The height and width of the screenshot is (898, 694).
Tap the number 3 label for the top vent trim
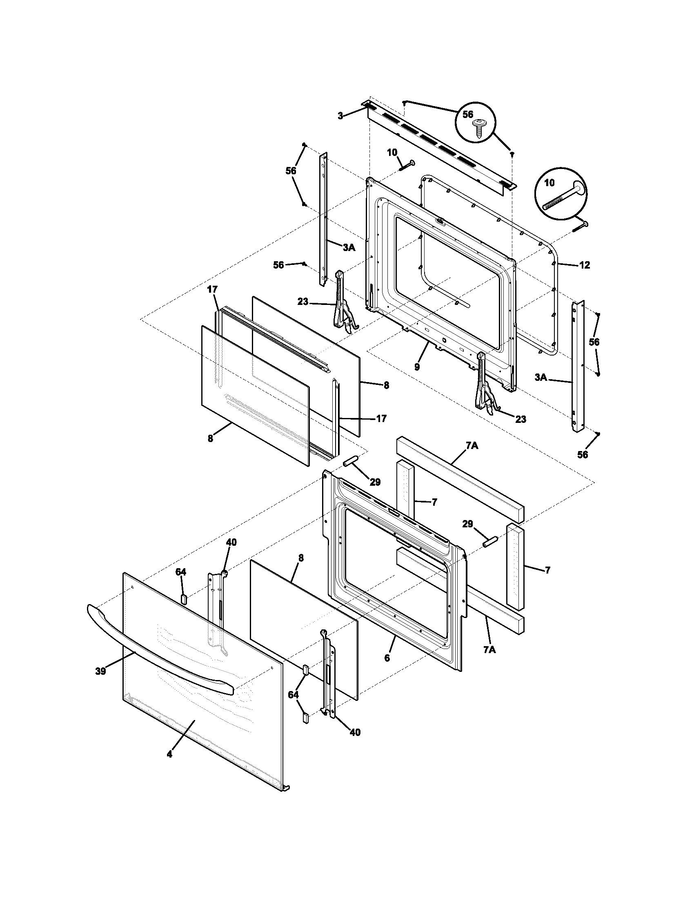coord(340,116)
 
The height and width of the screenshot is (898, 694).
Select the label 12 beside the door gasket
coord(584,265)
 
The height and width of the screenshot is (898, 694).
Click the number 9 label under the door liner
coord(417,367)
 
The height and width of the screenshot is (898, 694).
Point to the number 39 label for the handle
coord(100,671)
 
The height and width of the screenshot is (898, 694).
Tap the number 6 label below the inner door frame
coord(387,658)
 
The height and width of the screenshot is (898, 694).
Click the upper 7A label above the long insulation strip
coord(472,446)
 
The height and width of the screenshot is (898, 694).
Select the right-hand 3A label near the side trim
coord(541,377)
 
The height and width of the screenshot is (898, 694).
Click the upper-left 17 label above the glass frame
coord(212,290)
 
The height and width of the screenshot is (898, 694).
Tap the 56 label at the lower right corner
coord(582,454)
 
